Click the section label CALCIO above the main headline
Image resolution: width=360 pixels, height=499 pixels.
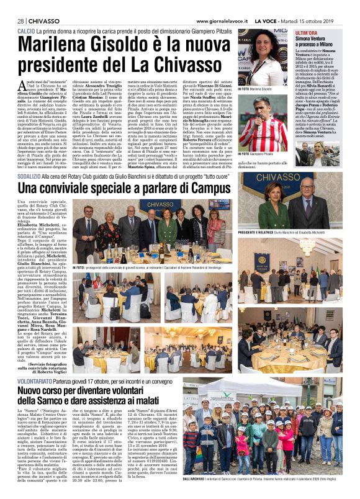pos(26,30)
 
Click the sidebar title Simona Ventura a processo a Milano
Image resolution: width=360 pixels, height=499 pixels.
pos(317,40)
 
